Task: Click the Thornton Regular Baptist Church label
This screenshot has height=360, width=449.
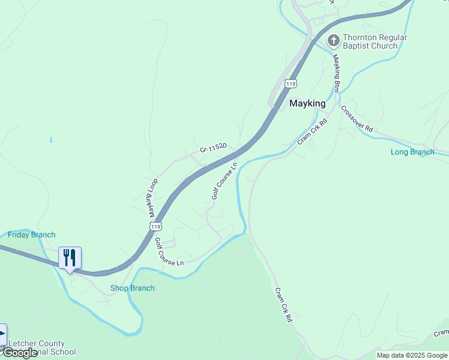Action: (x=375, y=41)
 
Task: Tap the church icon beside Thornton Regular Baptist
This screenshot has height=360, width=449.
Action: (x=334, y=41)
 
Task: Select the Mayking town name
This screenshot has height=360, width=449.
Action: (x=307, y=103)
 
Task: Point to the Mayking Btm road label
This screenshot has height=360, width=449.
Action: (x=337, y=74)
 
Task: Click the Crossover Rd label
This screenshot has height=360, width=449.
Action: (x=357, y=119)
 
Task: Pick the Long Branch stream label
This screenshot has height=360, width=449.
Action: (x=412, y=152)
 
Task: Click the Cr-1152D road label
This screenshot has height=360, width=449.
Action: (x=213, y=147)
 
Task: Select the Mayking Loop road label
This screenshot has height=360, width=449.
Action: (x=153, y=198)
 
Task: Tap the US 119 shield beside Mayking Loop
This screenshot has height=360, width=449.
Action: (x=155, y=226)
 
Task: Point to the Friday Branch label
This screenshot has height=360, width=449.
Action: (x=32, y=235)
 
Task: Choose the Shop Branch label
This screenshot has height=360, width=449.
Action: (x=133, y=288)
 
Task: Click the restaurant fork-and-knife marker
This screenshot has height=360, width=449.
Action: (x=70, y=258)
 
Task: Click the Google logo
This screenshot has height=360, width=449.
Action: (x=20, y=353)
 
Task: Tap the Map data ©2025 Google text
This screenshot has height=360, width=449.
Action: (x=412, y=355)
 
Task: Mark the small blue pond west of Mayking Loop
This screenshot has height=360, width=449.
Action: (x=51, y=140)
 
